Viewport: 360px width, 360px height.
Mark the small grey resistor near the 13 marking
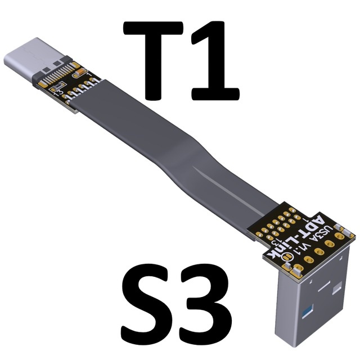[56, 86]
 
